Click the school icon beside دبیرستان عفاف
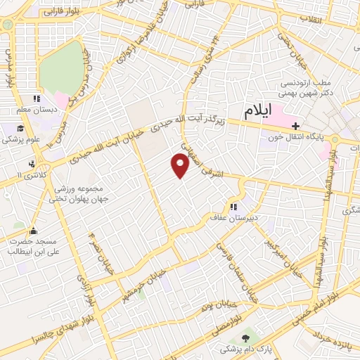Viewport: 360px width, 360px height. point(233,207)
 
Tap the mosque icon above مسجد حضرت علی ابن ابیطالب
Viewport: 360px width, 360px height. point(32,230)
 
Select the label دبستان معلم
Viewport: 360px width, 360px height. point(32,110)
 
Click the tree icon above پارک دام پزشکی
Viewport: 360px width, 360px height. point(245,339)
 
